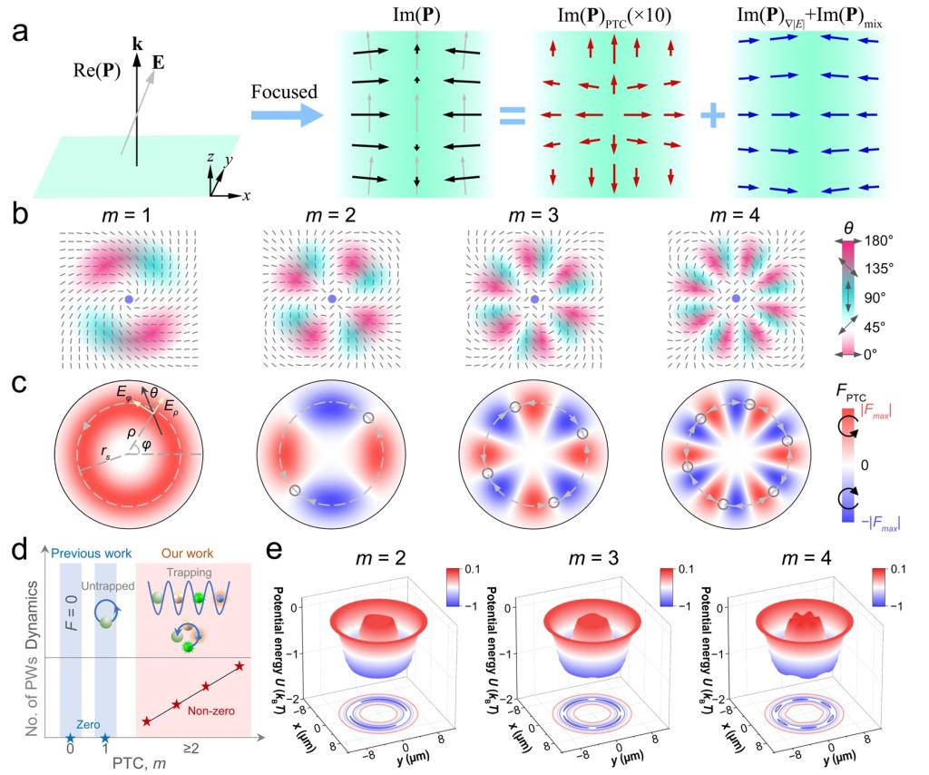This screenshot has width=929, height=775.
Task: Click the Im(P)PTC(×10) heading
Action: click(618, 15)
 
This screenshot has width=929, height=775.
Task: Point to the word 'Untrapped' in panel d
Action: click(103, 590)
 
